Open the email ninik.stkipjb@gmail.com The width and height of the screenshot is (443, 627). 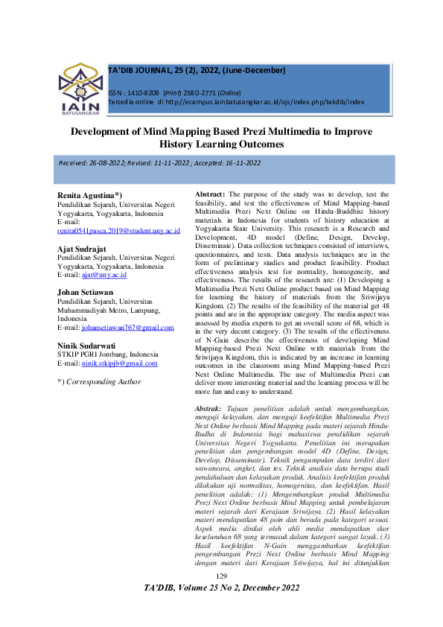[x=120, y=363]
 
